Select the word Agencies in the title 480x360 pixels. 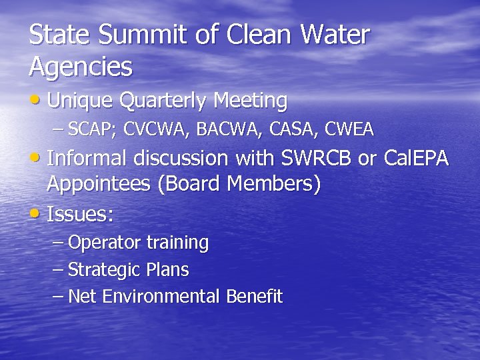(x=81, y=67)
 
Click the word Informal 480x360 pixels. (x=89, y=159)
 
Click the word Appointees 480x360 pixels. (x=98, y=185)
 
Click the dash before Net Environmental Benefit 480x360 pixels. (x=58, y=296)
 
